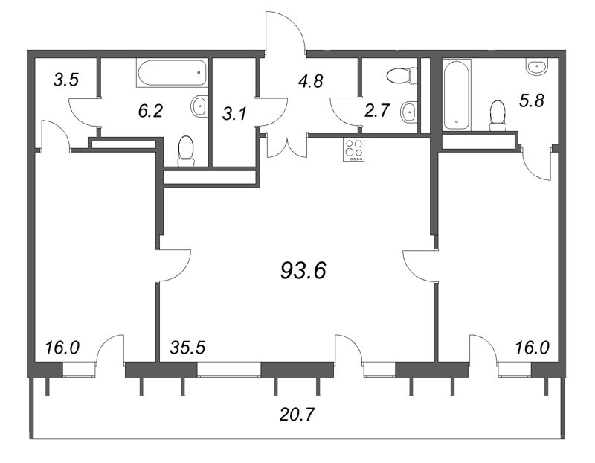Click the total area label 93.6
303,271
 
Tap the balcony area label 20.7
297,414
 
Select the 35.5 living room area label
187,348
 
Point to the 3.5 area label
66,80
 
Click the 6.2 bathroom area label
150,111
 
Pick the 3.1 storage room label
234,114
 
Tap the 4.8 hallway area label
310,81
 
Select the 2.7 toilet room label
377,110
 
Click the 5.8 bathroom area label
532,100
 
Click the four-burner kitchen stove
354,150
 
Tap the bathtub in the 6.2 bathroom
173,73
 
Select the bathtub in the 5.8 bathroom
457,95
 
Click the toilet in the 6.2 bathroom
186,151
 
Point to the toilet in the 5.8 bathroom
498,115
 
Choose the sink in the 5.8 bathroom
537,67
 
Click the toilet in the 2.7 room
402,75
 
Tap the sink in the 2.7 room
409,112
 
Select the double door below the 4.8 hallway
286,147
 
